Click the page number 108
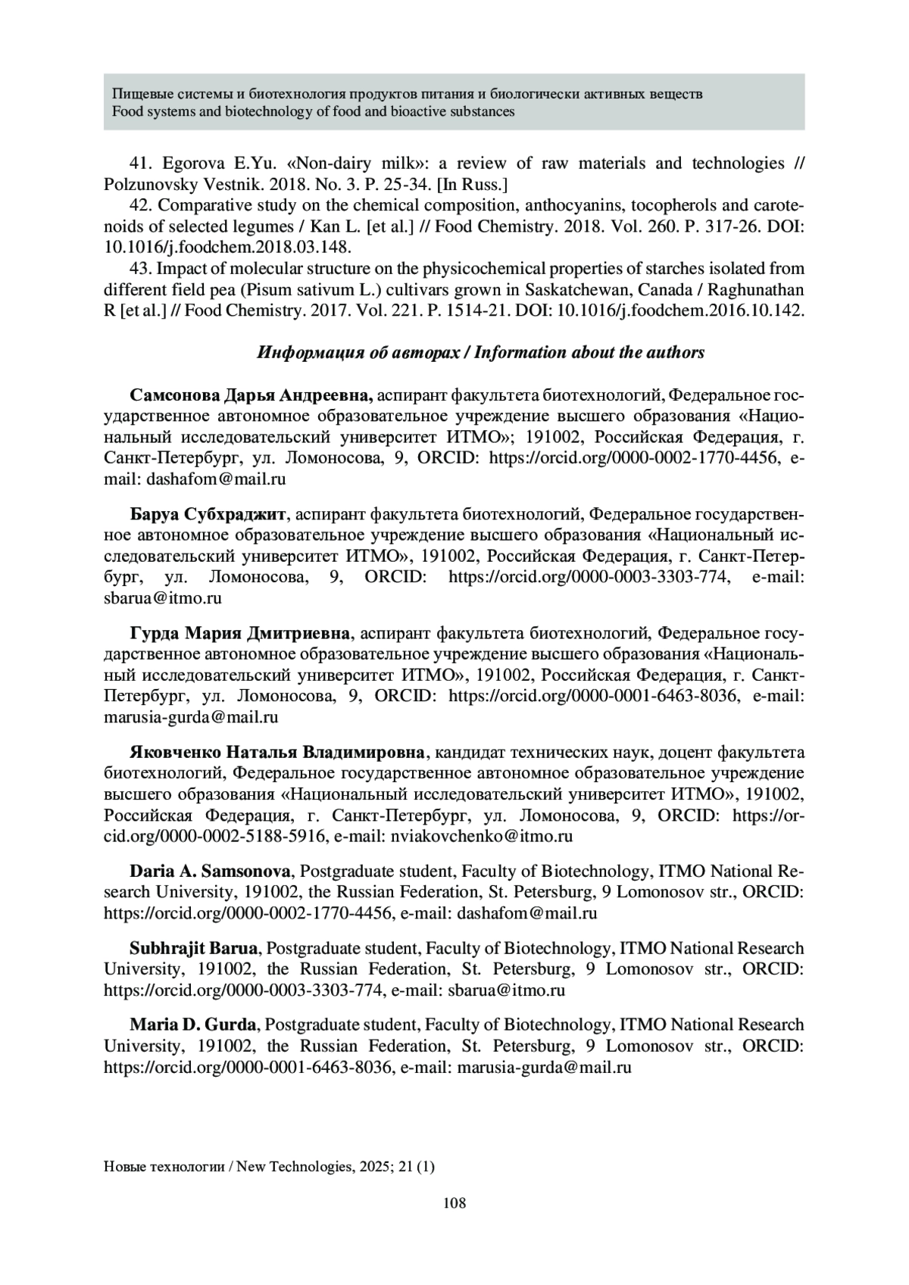(454, 1202)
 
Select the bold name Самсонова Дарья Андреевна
(251, 395)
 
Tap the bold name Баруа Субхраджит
(208, 515)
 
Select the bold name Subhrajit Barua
(195, 948)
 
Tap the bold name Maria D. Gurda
(192, 1025)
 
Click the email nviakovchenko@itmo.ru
(481, 836)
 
